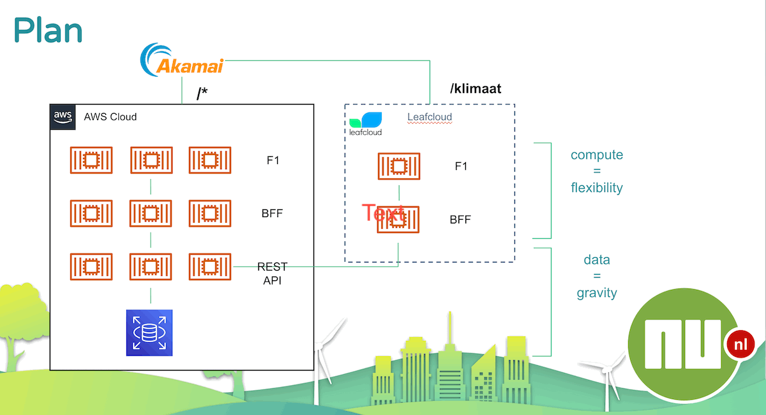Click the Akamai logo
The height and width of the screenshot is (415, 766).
(182, 60)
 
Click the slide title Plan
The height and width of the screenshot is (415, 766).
(48, 31)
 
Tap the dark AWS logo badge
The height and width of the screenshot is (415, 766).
(63, 117)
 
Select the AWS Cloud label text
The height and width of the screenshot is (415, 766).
(110, 117)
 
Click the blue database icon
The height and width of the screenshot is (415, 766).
(149, 333)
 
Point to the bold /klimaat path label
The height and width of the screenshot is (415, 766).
(476, 89)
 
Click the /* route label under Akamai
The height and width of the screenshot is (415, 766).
(202, 93)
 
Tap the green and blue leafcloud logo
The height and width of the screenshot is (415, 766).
(365, 124)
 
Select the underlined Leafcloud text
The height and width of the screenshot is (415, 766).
(430, 117)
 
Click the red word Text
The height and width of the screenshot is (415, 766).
(383, 213)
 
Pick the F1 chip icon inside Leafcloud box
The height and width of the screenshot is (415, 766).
(399, 166)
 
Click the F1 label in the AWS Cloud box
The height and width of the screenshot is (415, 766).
(273, 160)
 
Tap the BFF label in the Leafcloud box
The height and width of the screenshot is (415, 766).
(460, 220)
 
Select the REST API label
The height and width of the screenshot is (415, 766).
(272, 274)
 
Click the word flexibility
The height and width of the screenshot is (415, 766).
(597, 188)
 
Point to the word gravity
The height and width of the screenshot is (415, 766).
(597, 293)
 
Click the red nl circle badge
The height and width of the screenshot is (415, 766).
(740, 345)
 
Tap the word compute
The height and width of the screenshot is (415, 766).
(597, 155)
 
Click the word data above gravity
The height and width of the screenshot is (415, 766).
(597, 260)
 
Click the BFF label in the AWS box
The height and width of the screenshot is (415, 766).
(272, 213)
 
